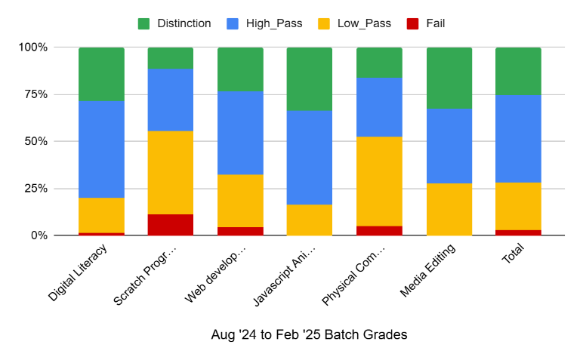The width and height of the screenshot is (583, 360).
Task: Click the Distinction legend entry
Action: pyautogui.click(x=184, y=23)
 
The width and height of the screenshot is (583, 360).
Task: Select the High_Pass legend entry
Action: pyautogui.click(x=274, y=23)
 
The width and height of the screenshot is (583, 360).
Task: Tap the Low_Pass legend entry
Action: pyautogui.click(x=364, y=23)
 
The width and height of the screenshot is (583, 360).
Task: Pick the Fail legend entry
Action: pyautogui.click(x=435, y=23)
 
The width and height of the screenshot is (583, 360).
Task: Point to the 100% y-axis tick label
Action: pyautogui.click(x=32, y=48)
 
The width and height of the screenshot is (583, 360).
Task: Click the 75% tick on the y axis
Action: pyautogui.click(x=35, y=94)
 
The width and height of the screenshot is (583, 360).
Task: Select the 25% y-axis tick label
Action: pyautogui.click(x=35, y=189)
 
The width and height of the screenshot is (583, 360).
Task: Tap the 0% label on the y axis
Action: pyautogui.click(x=39, y=235)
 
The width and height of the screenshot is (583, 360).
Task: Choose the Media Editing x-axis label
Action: pyautogui.click(x=427, y=272)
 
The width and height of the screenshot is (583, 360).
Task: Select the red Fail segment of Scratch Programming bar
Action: pyautogui.click(x=171, y=225)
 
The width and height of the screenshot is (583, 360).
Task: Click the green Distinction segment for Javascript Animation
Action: pyautogui.click(x=310, y=79)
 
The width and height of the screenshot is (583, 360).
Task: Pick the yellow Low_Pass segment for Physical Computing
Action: pyautogui.click(x=379, y=181)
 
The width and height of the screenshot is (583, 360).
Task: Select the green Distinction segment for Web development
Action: pyautogui.click(x=240, y=69)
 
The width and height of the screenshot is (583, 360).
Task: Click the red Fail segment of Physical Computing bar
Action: pyautogui.click(x=379, y=230)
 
